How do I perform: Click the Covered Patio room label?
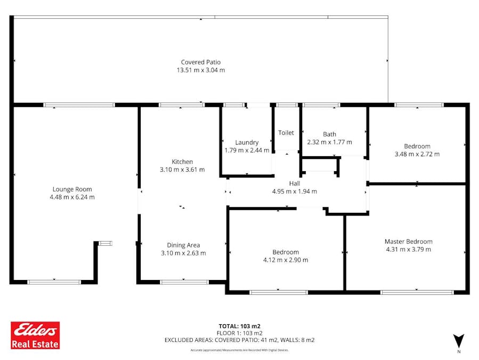click(201, 62)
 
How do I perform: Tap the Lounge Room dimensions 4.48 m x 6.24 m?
click(72, 197)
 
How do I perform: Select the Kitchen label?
click(182, 162)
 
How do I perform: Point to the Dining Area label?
click(183, 245)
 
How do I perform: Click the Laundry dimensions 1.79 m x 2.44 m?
click(247, 150)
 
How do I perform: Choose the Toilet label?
click(286, 133)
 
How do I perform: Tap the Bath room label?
click(329, 134)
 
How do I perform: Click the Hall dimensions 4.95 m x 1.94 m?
click(295, 191)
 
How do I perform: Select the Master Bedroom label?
click(409, 241)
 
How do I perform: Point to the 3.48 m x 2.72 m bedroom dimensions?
click(417, 154)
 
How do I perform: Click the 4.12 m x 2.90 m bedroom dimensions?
click(286, 260)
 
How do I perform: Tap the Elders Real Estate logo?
click(36, 335)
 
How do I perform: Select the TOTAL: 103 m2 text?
click(240, 326)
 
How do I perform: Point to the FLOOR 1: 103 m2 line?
click(240, 333)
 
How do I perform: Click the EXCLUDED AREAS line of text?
click(240, 340)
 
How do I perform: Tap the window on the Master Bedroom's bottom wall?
click(417, 293)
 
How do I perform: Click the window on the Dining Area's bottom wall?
click(184, 282)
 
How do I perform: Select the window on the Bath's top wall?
click(321, 105)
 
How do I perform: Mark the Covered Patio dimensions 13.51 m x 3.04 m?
click(201, 70)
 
